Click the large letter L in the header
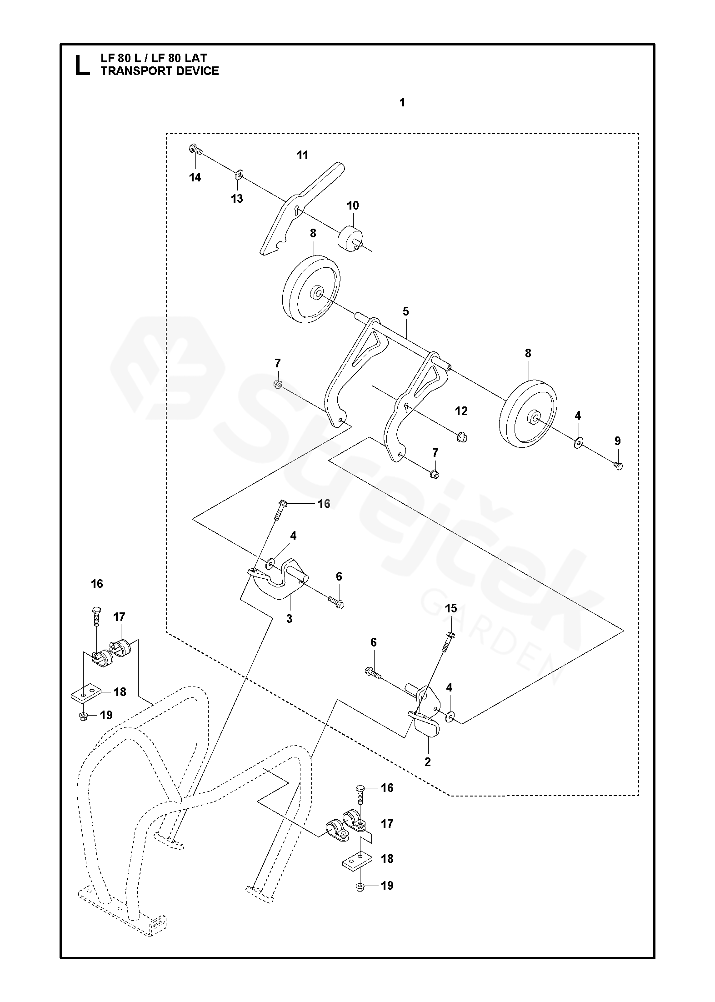tap(82, 65)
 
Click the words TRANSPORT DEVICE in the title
tap(160, 71)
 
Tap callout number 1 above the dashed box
tap(402, 103)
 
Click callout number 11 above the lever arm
tap(302, 155)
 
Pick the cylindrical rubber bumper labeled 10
tap(350, 236)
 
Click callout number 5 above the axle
tap(405, 311)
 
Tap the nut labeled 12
tap(462, 437)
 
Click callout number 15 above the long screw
tap(451, 608)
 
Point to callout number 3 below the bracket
tap(289, 619)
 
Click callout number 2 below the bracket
tap(427, 762)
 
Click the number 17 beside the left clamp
tap(119, 617)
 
